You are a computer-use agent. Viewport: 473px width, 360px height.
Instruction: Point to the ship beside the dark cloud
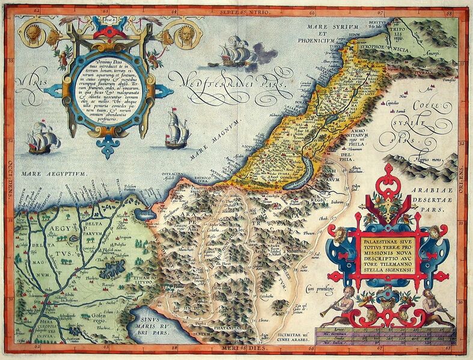coord(233,52)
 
